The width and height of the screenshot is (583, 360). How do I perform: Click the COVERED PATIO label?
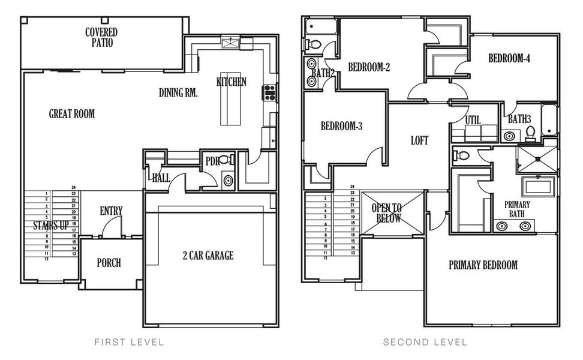(x=101, y=37)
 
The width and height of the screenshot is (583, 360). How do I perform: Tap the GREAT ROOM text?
(x=71, y=113)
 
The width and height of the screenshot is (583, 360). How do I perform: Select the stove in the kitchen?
(x=269, y=92)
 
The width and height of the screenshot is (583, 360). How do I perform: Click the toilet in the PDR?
(x=225, y=160)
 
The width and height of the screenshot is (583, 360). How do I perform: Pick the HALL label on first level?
(x=160, y=178)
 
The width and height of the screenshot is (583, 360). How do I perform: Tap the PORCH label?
(x=109, y=263)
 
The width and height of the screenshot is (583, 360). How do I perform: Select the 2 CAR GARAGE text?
(x=208, y=256)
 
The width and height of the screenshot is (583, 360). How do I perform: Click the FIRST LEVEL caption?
(x=129, y=342)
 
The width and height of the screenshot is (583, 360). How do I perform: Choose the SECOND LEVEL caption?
(x=425, y=342)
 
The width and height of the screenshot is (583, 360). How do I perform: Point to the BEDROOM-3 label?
(x=341, y=126)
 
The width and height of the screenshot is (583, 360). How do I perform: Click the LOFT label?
(x=419, y=140)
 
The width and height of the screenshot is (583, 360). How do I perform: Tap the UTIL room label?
(x=473, y=120)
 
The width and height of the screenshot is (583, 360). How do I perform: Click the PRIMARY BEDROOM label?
(x=483, y=265)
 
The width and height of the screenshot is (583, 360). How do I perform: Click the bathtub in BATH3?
(x=549, y=119)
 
